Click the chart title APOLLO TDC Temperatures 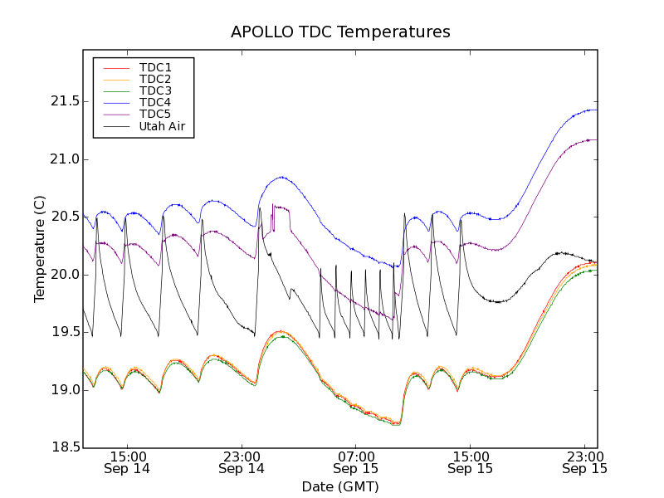coord(340,32)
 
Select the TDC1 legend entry coord(155,67)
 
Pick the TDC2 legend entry coord(155,79)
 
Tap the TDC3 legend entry coord(155,90)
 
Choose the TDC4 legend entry coord(155,102)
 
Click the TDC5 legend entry coord(155,114)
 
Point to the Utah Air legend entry coord(162,126)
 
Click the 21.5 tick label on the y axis coord(63,101)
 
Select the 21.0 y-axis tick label coord(63,159)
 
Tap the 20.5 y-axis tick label coord(63,217)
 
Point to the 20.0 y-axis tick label coord(63,275)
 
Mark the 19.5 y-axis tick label coord(63,332)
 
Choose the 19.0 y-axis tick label coord(63,390)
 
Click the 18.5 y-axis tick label coord(63,447)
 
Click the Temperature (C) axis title coord(39,248)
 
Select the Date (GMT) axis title coord(340,486)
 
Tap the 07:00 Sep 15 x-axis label coord(356,462)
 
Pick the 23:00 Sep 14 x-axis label coord(242,462)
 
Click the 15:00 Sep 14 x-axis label coord(127,462)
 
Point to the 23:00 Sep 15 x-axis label coord(585,462)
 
